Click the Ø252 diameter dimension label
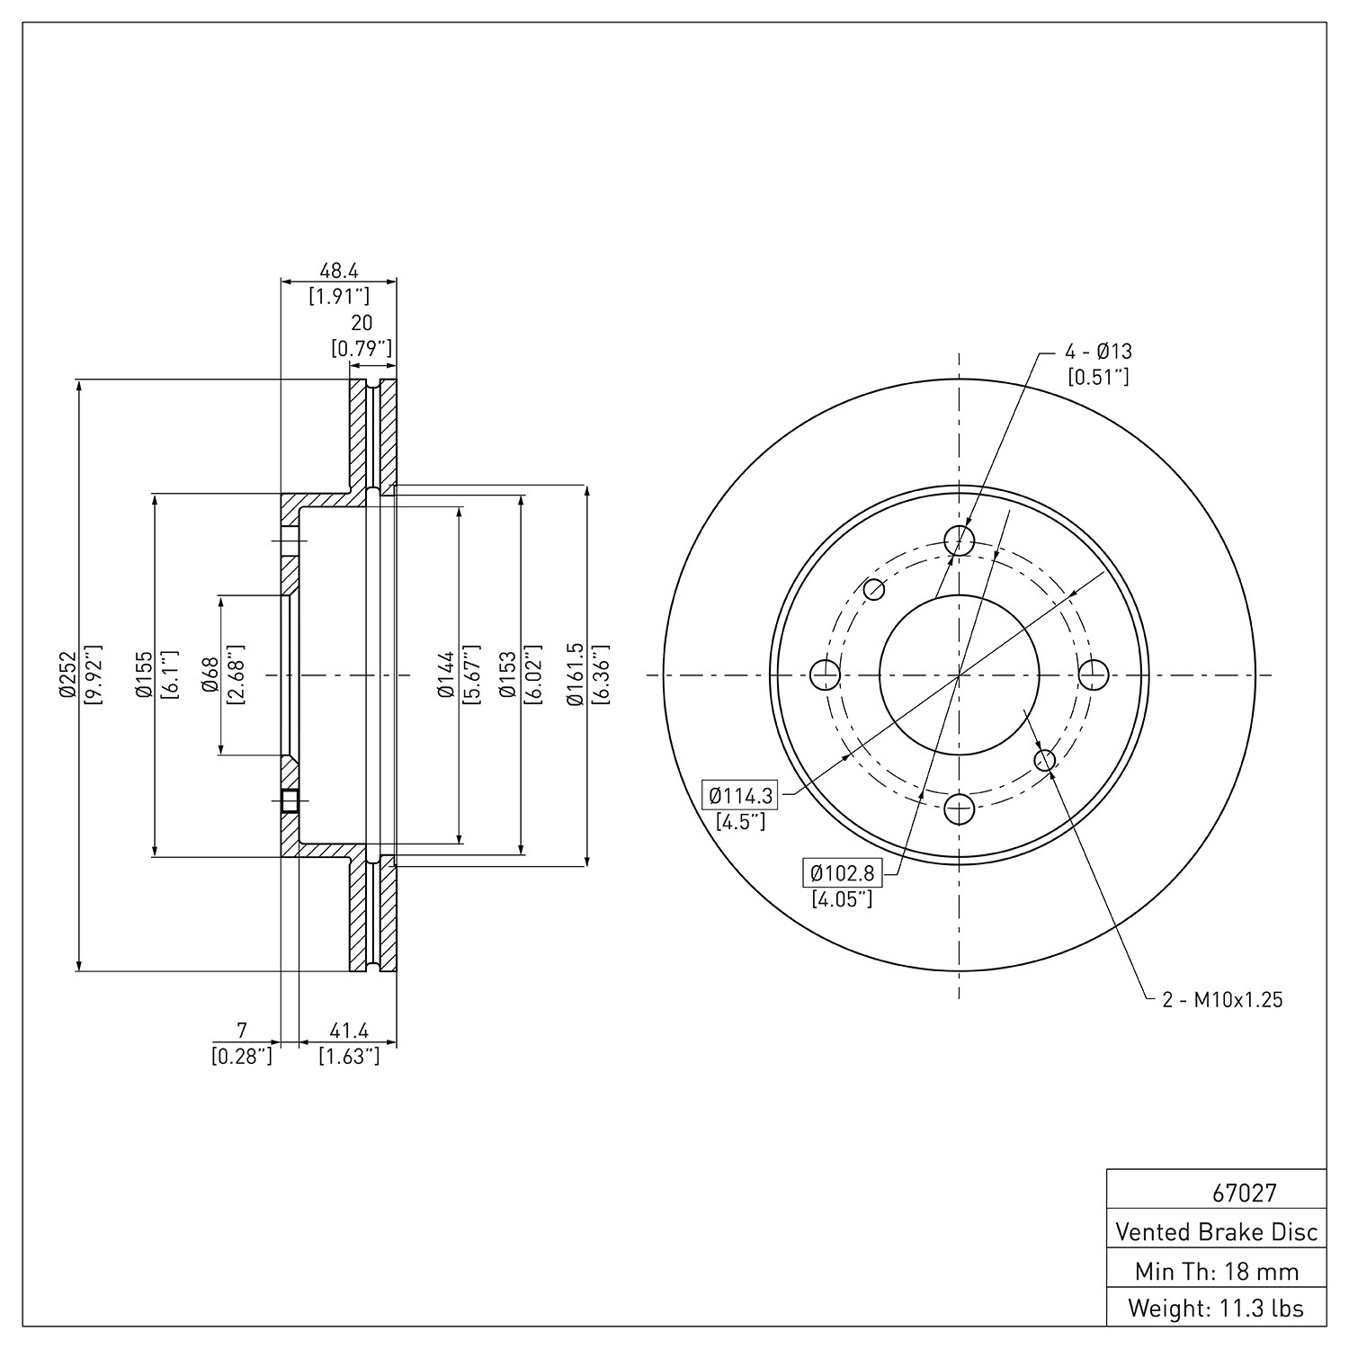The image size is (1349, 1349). pos(66,675)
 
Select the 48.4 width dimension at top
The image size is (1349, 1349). pos(339,270)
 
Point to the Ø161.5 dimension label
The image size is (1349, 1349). pos(577,674)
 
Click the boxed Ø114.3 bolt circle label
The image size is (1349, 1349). pos(740,795)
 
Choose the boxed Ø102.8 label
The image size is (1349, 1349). pos(842,872)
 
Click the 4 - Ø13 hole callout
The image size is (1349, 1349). pos(1098,352)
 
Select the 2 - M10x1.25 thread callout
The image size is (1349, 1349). pos(1222,999)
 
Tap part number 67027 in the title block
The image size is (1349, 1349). pos(1244,1193)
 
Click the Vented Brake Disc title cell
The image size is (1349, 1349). pos(1217,1231)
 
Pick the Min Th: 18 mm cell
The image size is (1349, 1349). pos(1217,1271)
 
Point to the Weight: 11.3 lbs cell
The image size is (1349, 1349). pos(1217,1309)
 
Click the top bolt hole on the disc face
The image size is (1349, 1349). pos(960,540)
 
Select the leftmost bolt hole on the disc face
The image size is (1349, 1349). pos(826,674)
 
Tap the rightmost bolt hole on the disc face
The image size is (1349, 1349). pos(1093,674)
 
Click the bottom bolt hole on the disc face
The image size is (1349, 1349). pos(960,809)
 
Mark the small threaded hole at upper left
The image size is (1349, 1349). pos(874,590)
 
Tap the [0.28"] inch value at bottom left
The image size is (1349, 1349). pos(241,1056)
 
